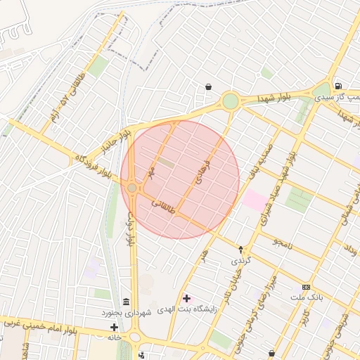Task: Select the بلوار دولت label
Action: tap(130, 229)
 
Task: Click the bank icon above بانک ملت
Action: tap(306, 287)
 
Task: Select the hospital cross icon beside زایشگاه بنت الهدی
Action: tap(186, 298)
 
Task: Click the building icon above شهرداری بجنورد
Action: tap(126, 300)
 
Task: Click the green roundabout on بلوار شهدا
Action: tap(230, 101)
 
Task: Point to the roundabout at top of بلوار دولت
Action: tap(132, 188)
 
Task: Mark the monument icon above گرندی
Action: tap(240, 249)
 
